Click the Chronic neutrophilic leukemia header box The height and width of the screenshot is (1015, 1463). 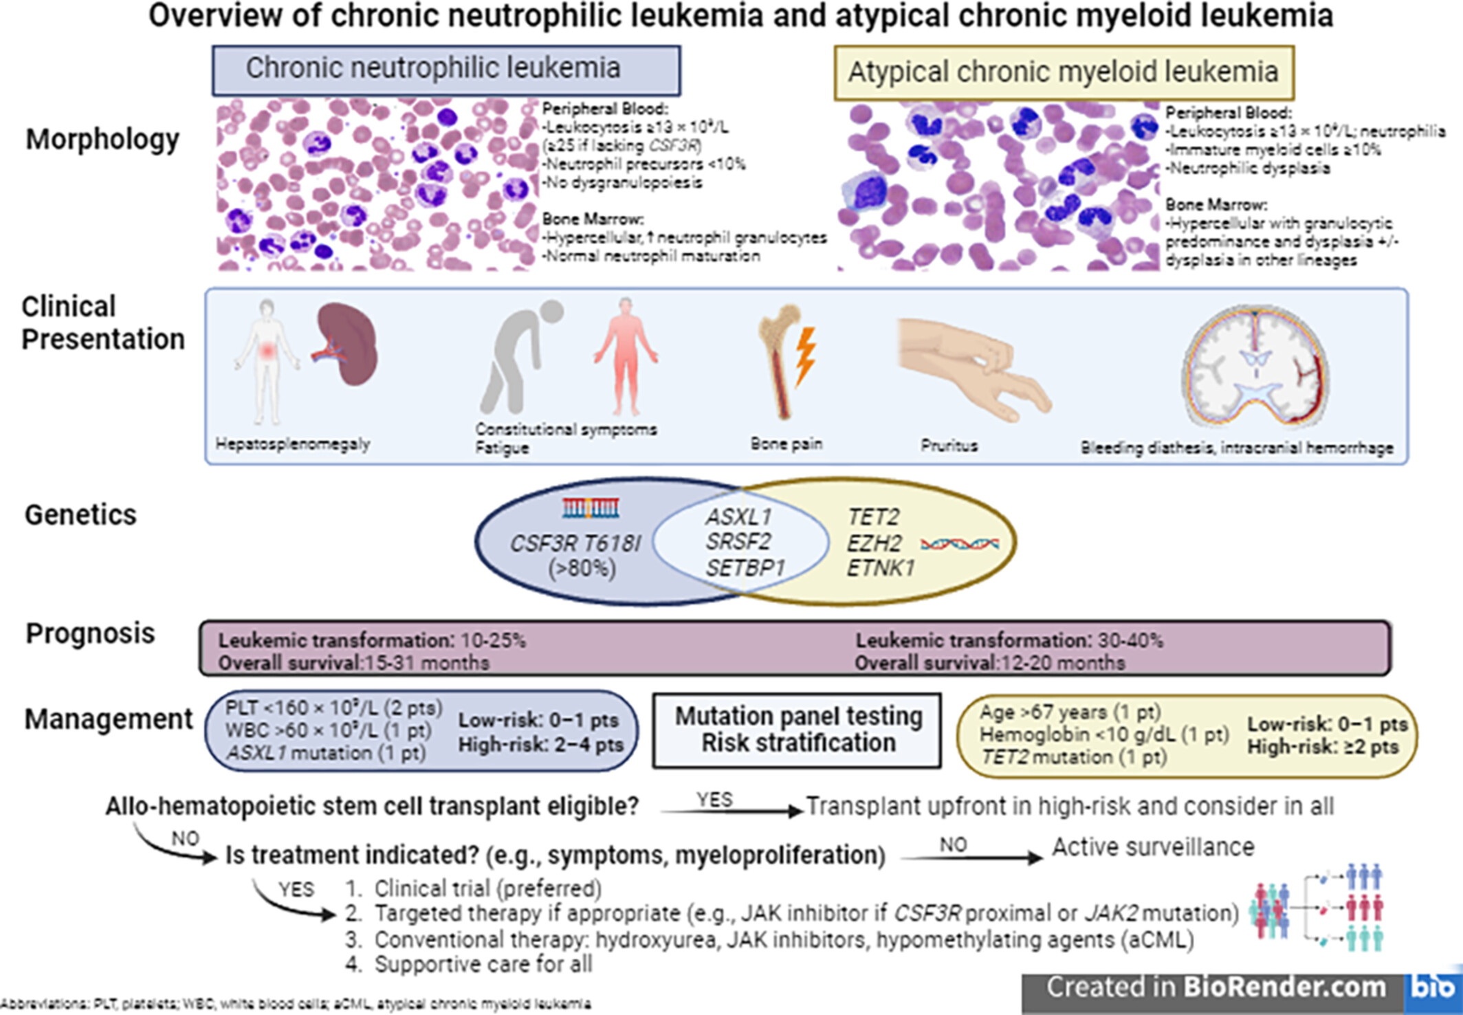pyautogui.click(x=446, y=70)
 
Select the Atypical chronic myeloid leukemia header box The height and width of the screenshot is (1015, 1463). pyautogui.click(x=1064, y=73)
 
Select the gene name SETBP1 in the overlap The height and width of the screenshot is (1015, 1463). pyautogui.click(x=745, y=569)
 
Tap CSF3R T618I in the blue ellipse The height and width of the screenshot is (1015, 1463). pyautogui.click(x=575, y=544)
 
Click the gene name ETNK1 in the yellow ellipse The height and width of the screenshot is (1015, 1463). pyautogui.click(x=881, y=569)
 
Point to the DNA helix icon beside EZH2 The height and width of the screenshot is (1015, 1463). pyautogui.click(x=960, y=544)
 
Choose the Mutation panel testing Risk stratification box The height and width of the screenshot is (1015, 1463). pyautogui.click(x=797, y=730)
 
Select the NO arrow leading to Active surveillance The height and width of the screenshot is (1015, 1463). pyautogui.click(x=971, y=857)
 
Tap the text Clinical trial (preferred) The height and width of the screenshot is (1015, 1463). pyautogui.click(x=487, y=888)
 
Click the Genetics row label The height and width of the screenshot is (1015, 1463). pyautogui.click(x=80, y=515)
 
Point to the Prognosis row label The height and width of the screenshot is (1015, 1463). pyautogui.click(x=90, y=633)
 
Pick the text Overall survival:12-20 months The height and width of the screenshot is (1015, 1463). pyautogui.click(x=989, y=663)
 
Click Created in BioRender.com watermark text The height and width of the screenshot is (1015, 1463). pyautogui.click(x=1215, y=987)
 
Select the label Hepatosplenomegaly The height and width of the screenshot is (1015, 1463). pyautogui.click(x=293, y=444)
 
